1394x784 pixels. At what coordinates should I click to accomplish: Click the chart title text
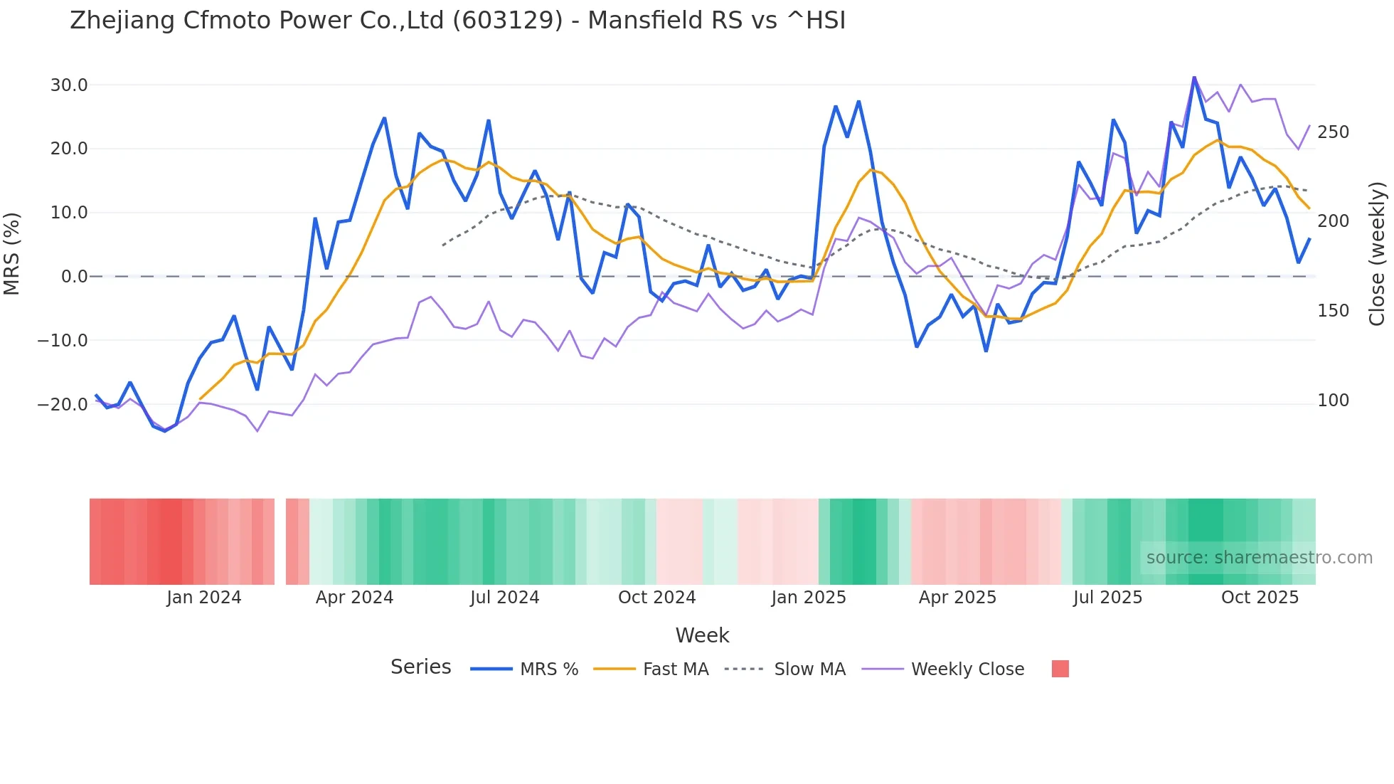[x=457, y=21]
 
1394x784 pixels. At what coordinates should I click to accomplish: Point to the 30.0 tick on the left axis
[x=69, y=85]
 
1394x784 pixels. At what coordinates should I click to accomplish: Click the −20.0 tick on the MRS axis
[x=63, y=405]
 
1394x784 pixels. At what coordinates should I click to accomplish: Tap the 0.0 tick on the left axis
[x=74, y=277]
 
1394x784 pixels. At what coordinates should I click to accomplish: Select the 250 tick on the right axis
[x=1333, y=132]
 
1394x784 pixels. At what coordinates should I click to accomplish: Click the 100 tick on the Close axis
[x=1333, y=401]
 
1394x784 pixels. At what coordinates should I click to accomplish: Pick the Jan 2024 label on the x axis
[x=204, y=598]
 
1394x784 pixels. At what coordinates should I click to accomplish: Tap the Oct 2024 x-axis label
[x=656, y=598]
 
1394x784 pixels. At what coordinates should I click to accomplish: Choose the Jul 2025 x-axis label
[x=1107, y=598]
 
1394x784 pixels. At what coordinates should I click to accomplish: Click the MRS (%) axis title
[x=12, y=253]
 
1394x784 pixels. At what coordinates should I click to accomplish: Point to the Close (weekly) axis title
[x=1378, y=253]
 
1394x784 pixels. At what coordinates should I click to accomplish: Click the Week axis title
[x=702, y=635]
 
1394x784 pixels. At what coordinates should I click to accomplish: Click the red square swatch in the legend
[x=1060, y=669]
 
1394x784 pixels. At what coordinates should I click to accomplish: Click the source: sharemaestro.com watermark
[x=1259, y=558]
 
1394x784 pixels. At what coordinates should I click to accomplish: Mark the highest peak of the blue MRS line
[x=1194, y=77]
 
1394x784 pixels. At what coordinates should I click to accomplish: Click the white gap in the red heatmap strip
[x=280, y=541]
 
